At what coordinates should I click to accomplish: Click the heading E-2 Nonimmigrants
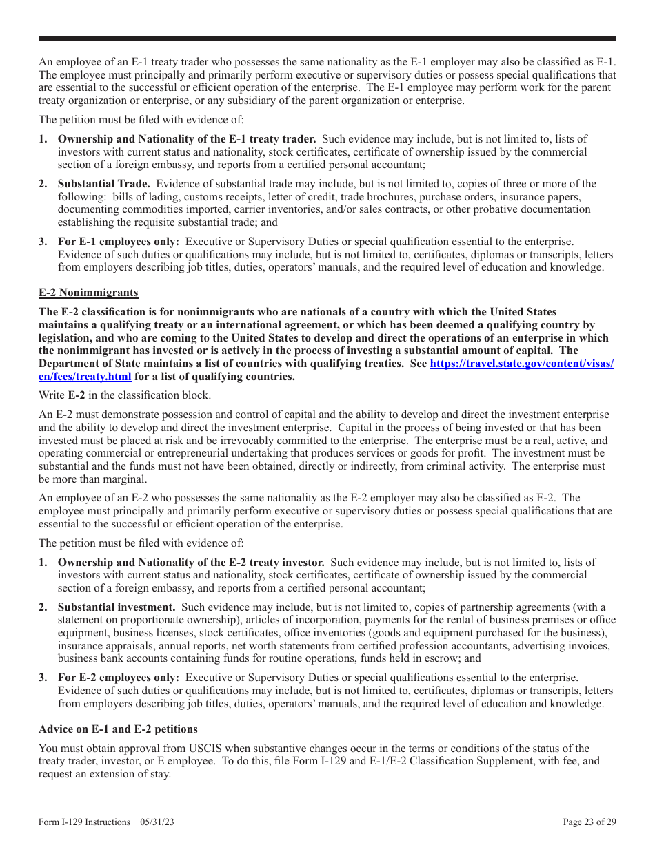tap(88, 293)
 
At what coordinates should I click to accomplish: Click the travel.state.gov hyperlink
tap(521, 364)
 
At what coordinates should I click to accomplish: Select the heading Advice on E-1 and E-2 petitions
tap(118, 729)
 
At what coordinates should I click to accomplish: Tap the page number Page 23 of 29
tap(589, 822)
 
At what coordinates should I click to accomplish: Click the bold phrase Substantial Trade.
tap(103, 184)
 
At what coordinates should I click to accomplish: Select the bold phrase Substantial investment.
tap(116, 607)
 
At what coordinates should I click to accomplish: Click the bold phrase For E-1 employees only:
tap(118, 242)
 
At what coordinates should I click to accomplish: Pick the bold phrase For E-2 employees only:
tap(118, 678)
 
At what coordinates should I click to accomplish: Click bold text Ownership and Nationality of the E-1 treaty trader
tap(187, 139)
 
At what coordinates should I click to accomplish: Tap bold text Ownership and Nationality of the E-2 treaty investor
tap(191, 563)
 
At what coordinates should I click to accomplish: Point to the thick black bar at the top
tap(327, 39)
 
